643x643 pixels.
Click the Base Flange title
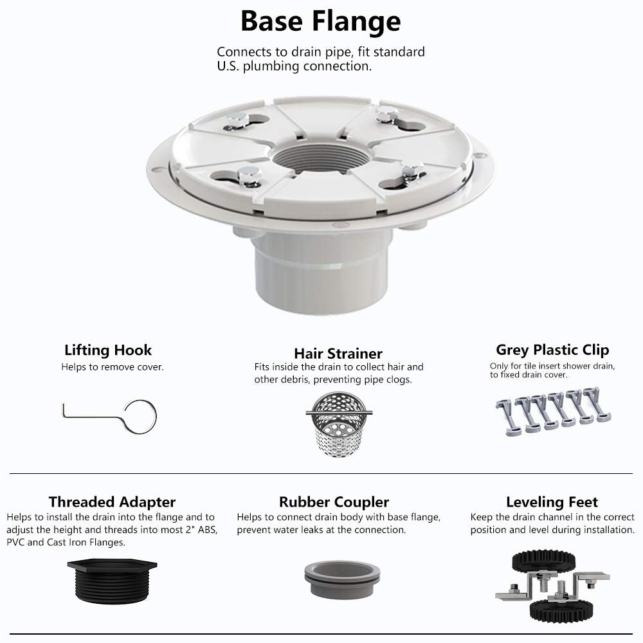point(320,21)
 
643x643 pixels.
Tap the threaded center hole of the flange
point(321,158)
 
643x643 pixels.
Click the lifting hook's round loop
point(140,416)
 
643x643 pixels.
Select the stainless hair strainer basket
point(339,424)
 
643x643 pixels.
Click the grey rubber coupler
point(342,579)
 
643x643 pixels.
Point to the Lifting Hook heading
point(108,350)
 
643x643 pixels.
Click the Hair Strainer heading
point(338,354)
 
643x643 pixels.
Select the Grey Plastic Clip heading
point(552,350)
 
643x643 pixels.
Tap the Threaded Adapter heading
point(112,502)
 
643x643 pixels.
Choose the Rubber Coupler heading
point(334,502)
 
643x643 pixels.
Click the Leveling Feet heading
point(552,502)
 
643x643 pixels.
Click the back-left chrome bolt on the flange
point(237,122)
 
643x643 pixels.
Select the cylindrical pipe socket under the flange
point(321,271)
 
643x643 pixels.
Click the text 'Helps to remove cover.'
point(113,367)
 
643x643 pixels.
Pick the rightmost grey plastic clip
point(597,404)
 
